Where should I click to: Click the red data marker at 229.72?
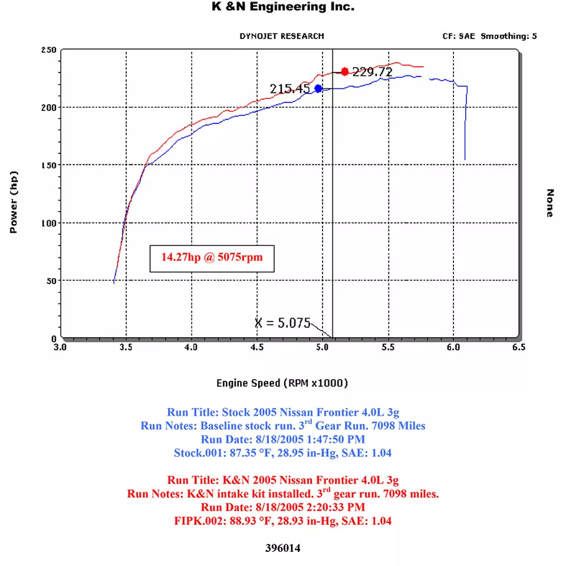click(x=345, y=72)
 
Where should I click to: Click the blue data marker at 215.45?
click(x=318, y=88)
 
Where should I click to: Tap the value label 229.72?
click(x=373, y=72)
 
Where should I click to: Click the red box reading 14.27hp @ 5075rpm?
click(x=212, y=258)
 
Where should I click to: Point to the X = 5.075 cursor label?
click(x=282, y=323)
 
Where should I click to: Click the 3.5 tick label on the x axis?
click(x=126, y=348)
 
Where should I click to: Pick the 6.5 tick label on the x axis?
click(x=518, y=348)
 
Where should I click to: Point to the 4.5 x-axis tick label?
click(x=257, y=348)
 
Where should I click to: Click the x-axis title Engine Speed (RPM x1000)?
click(x=282, y=383)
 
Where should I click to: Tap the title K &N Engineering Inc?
click(x=283, y=7)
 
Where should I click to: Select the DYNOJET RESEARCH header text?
click(x=281, y=36)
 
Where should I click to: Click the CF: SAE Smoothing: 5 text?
click(x=489, y=36)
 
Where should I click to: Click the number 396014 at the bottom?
click(x=283, y=548)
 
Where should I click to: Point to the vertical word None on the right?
click(x=549, y=203)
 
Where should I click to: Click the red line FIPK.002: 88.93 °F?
click(x=283, y=521)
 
